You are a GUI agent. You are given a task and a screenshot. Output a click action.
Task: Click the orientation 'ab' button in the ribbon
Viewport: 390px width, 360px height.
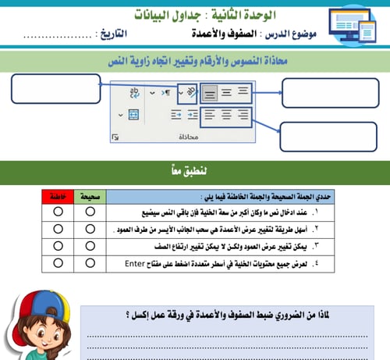tap(186, 93)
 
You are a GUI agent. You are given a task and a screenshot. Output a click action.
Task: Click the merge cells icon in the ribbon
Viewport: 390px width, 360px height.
tap(133, 114)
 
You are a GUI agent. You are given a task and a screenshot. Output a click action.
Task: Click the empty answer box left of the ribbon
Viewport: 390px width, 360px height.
tap(57, 88)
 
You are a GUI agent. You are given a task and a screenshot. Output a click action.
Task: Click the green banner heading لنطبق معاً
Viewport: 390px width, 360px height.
tap(195, 170)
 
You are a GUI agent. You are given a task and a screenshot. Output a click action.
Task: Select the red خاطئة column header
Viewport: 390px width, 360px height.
tap(58, 197)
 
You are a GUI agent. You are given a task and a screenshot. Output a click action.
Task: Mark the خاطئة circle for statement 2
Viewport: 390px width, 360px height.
tap(58, 230)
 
